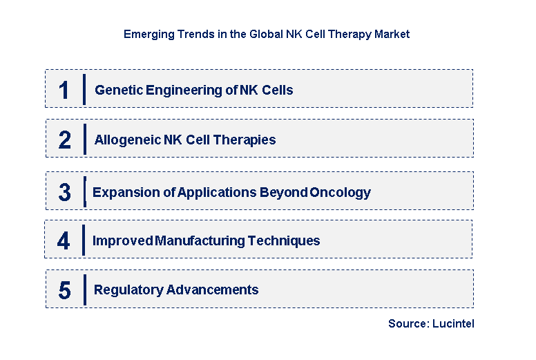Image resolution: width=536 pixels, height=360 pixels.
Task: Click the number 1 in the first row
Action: point(64,91)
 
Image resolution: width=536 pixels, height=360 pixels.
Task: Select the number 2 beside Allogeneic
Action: point(64,140)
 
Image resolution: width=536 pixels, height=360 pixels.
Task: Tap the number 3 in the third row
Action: point(64,193)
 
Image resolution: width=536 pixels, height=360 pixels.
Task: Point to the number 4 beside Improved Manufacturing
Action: point(64,241)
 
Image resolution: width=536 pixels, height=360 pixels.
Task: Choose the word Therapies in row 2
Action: point(245,140)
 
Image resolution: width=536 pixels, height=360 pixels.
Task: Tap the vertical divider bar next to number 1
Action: point(84,89)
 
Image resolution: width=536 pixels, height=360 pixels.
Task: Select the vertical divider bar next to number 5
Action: point(84,290)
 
